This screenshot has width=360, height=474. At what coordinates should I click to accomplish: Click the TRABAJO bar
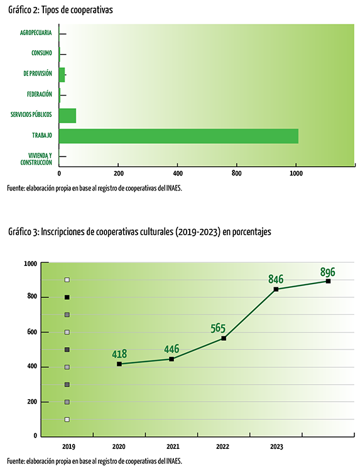pyautogui.click(x=178, y=136)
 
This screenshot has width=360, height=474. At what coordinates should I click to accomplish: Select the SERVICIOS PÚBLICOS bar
pyautogui.click(x=67, y=116)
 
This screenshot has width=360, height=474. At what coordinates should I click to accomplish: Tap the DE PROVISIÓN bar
pyautogui.click(x=62, y=75)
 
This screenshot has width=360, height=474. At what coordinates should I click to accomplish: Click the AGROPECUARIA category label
pyautogui.click(x=36, y=33)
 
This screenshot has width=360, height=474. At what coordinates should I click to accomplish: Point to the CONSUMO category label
pyautogui.click(x=41, y=53)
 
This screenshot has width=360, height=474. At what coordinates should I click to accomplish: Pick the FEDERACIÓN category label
pyautogui.click(x=40, y=94)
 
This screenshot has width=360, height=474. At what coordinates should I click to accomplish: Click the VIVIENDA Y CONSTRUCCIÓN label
pyautogui.click(x=36, y=159)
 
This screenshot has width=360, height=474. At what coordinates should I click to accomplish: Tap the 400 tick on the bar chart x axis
pyautogui.click(x=178, y=174)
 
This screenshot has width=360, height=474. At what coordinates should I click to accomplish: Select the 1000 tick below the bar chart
pyautogui.click(x=296, y=174)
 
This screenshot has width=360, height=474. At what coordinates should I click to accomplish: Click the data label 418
pyautogui.click(x=119, y=354)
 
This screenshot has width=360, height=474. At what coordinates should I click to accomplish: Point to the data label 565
pyautogui.click(x=218, y=328)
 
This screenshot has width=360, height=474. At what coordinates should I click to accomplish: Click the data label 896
pyautogui.click(x=328, y=272)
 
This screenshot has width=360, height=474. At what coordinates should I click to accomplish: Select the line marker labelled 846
pyautogui.click(x=276, y=289)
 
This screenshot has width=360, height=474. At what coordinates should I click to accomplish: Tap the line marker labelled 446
pyautogui.click(x=172, y=359)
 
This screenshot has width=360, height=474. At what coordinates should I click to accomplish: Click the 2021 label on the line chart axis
pyautogui.click(x=173, y=446)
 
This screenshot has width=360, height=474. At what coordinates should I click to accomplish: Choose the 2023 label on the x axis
pyautogui.click(x=276, y=446)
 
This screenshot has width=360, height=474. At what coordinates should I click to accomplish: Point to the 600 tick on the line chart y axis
pyautogui.click(x=32, y=332)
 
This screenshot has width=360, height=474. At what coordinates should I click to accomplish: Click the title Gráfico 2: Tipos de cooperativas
pyautogui.click(x=60, y=10)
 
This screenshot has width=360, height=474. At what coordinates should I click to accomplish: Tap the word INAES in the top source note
pyautogui.click(x=173, y=189)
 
